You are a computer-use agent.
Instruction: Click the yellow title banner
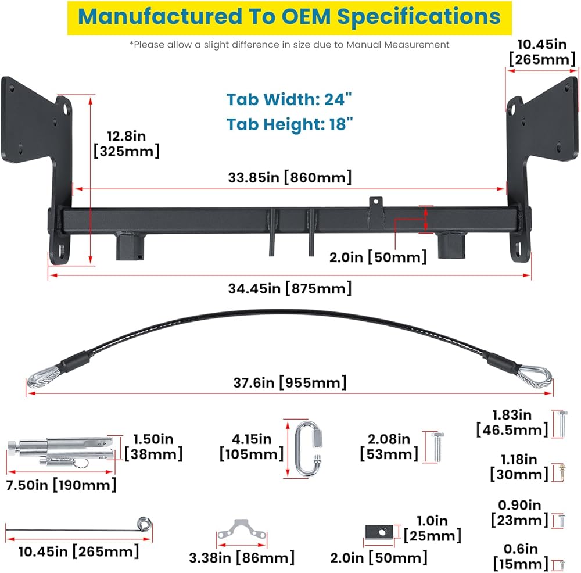(x=289, y=17)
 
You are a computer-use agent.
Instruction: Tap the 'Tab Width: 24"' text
(x=289, y=99)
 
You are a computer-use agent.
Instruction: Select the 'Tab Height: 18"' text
(x=289, y=124)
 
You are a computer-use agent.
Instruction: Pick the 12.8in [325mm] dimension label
(x=126, y=144)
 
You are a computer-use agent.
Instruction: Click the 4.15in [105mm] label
(x=251, y=446)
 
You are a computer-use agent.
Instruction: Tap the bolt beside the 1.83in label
(x=562, y=423)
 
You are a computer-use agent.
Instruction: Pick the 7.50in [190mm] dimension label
(x=61, y=484)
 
